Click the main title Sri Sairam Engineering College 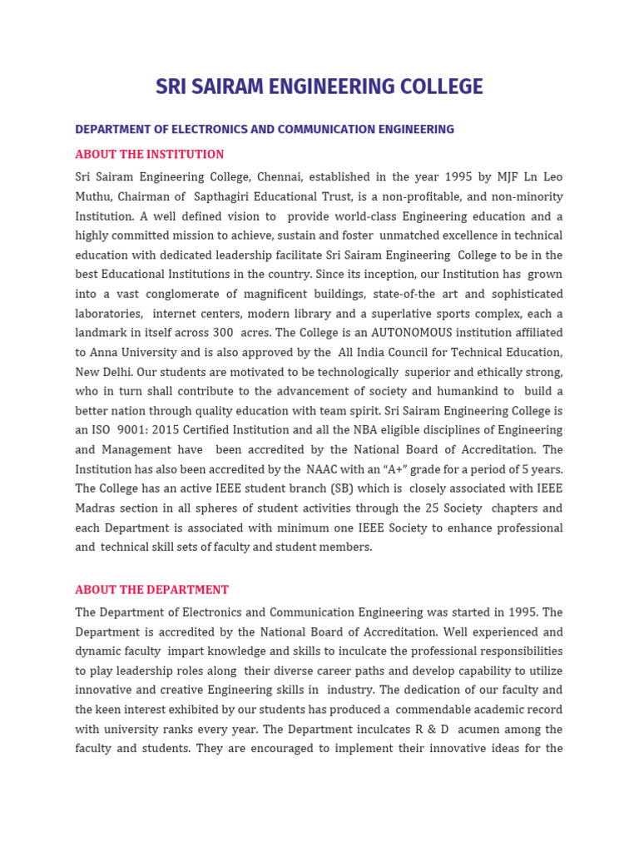pos(319,87)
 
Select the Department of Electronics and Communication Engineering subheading pos(265,130)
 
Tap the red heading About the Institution pos(150,155)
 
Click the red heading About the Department pos(151,590)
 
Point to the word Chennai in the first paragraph pos(282,177)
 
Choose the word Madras pos(97,508)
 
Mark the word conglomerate pos(176,295)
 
